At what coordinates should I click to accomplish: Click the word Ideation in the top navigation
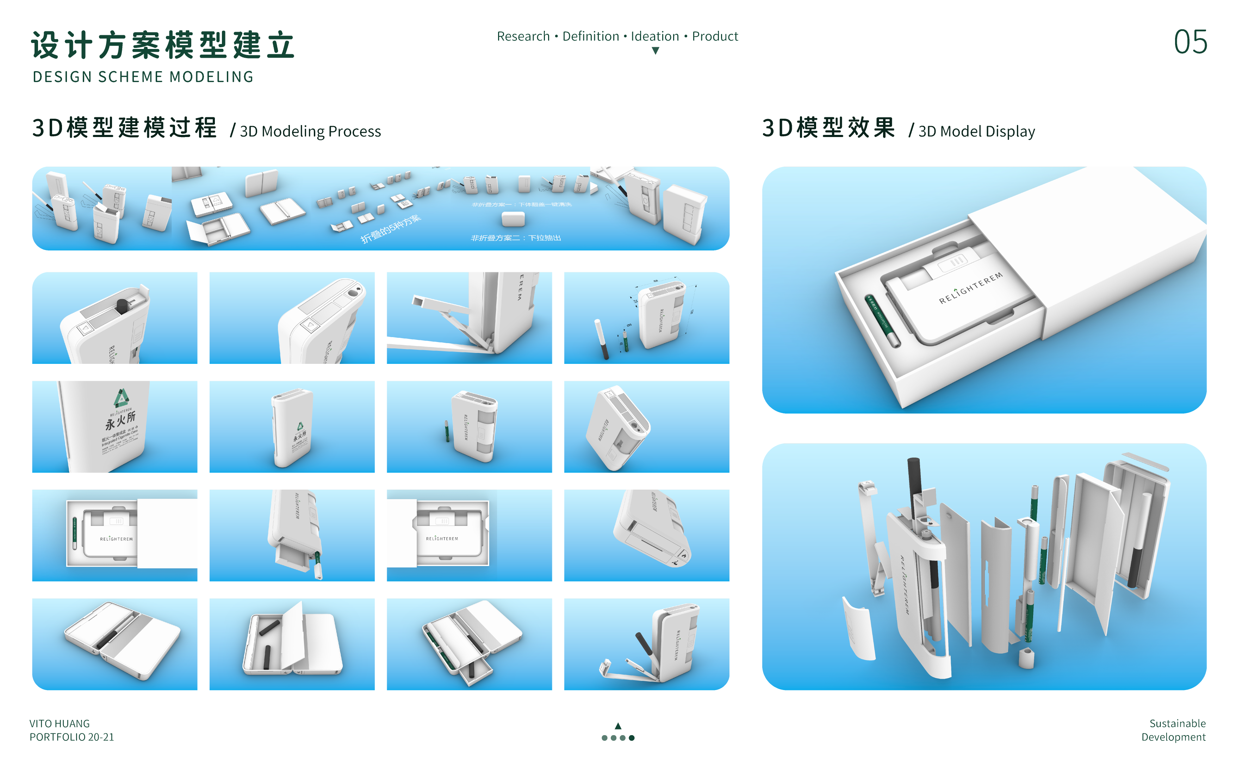point(654,36)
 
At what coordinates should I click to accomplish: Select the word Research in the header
point(523,36)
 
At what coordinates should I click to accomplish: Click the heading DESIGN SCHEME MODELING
point(143,77)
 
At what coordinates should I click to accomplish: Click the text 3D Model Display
point(976,131)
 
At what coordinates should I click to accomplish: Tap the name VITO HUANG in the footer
point(60,723)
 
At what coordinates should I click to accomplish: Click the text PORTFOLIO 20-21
point(72,737)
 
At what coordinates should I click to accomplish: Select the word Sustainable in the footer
point(1177,723)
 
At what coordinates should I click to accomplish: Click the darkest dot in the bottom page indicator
point(632,738)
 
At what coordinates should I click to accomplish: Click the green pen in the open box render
point(882,321)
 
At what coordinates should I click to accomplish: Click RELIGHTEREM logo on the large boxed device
point(970,288)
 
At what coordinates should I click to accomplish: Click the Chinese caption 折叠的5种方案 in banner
point(391,230)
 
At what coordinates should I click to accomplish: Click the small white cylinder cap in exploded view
point(1026,658)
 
